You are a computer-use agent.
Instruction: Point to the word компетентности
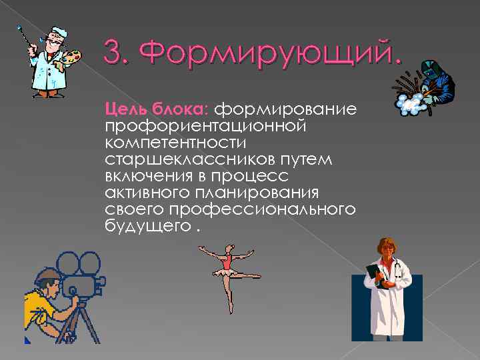[175, 143]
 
